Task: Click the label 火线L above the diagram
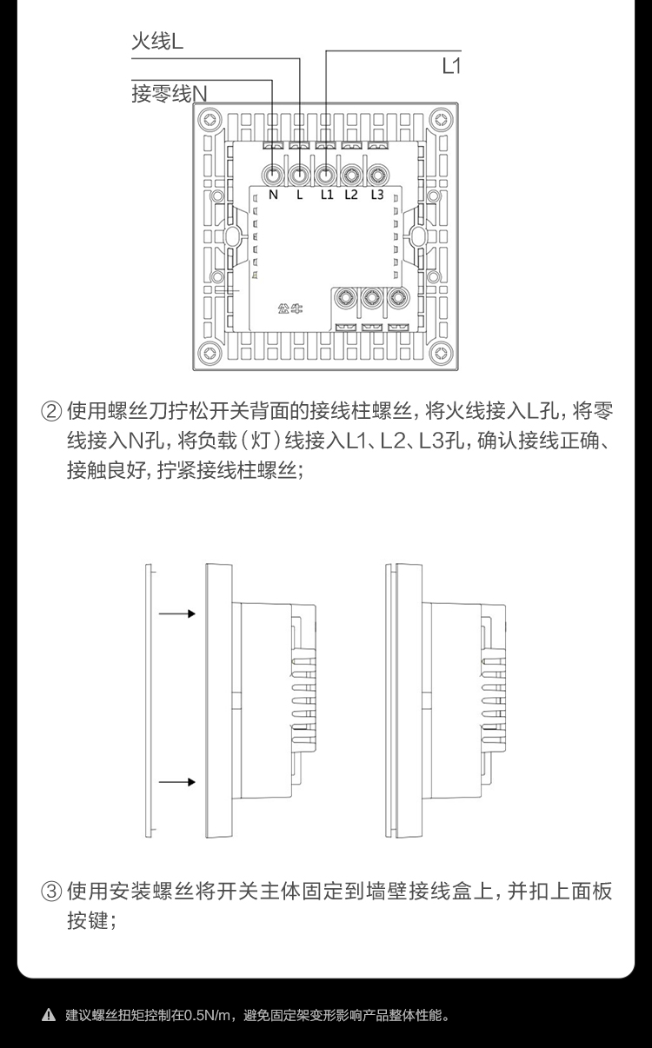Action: point(156,41)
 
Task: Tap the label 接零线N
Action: point(170,93)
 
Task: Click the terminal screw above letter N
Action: point(273,175)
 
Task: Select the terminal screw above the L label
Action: point(299,175)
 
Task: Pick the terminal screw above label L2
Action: point(351,175)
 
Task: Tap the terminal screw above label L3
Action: point(377,175)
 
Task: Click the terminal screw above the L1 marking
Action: point(325,175)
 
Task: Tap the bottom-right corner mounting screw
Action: point(443,354)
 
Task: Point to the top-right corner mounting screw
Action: point(443,117)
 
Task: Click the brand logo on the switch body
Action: point(290,308)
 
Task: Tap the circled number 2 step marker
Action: point(51,409)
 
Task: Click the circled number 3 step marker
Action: point(51,892)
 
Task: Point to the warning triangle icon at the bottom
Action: point(49,1015)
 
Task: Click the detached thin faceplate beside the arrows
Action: point(149,700)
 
